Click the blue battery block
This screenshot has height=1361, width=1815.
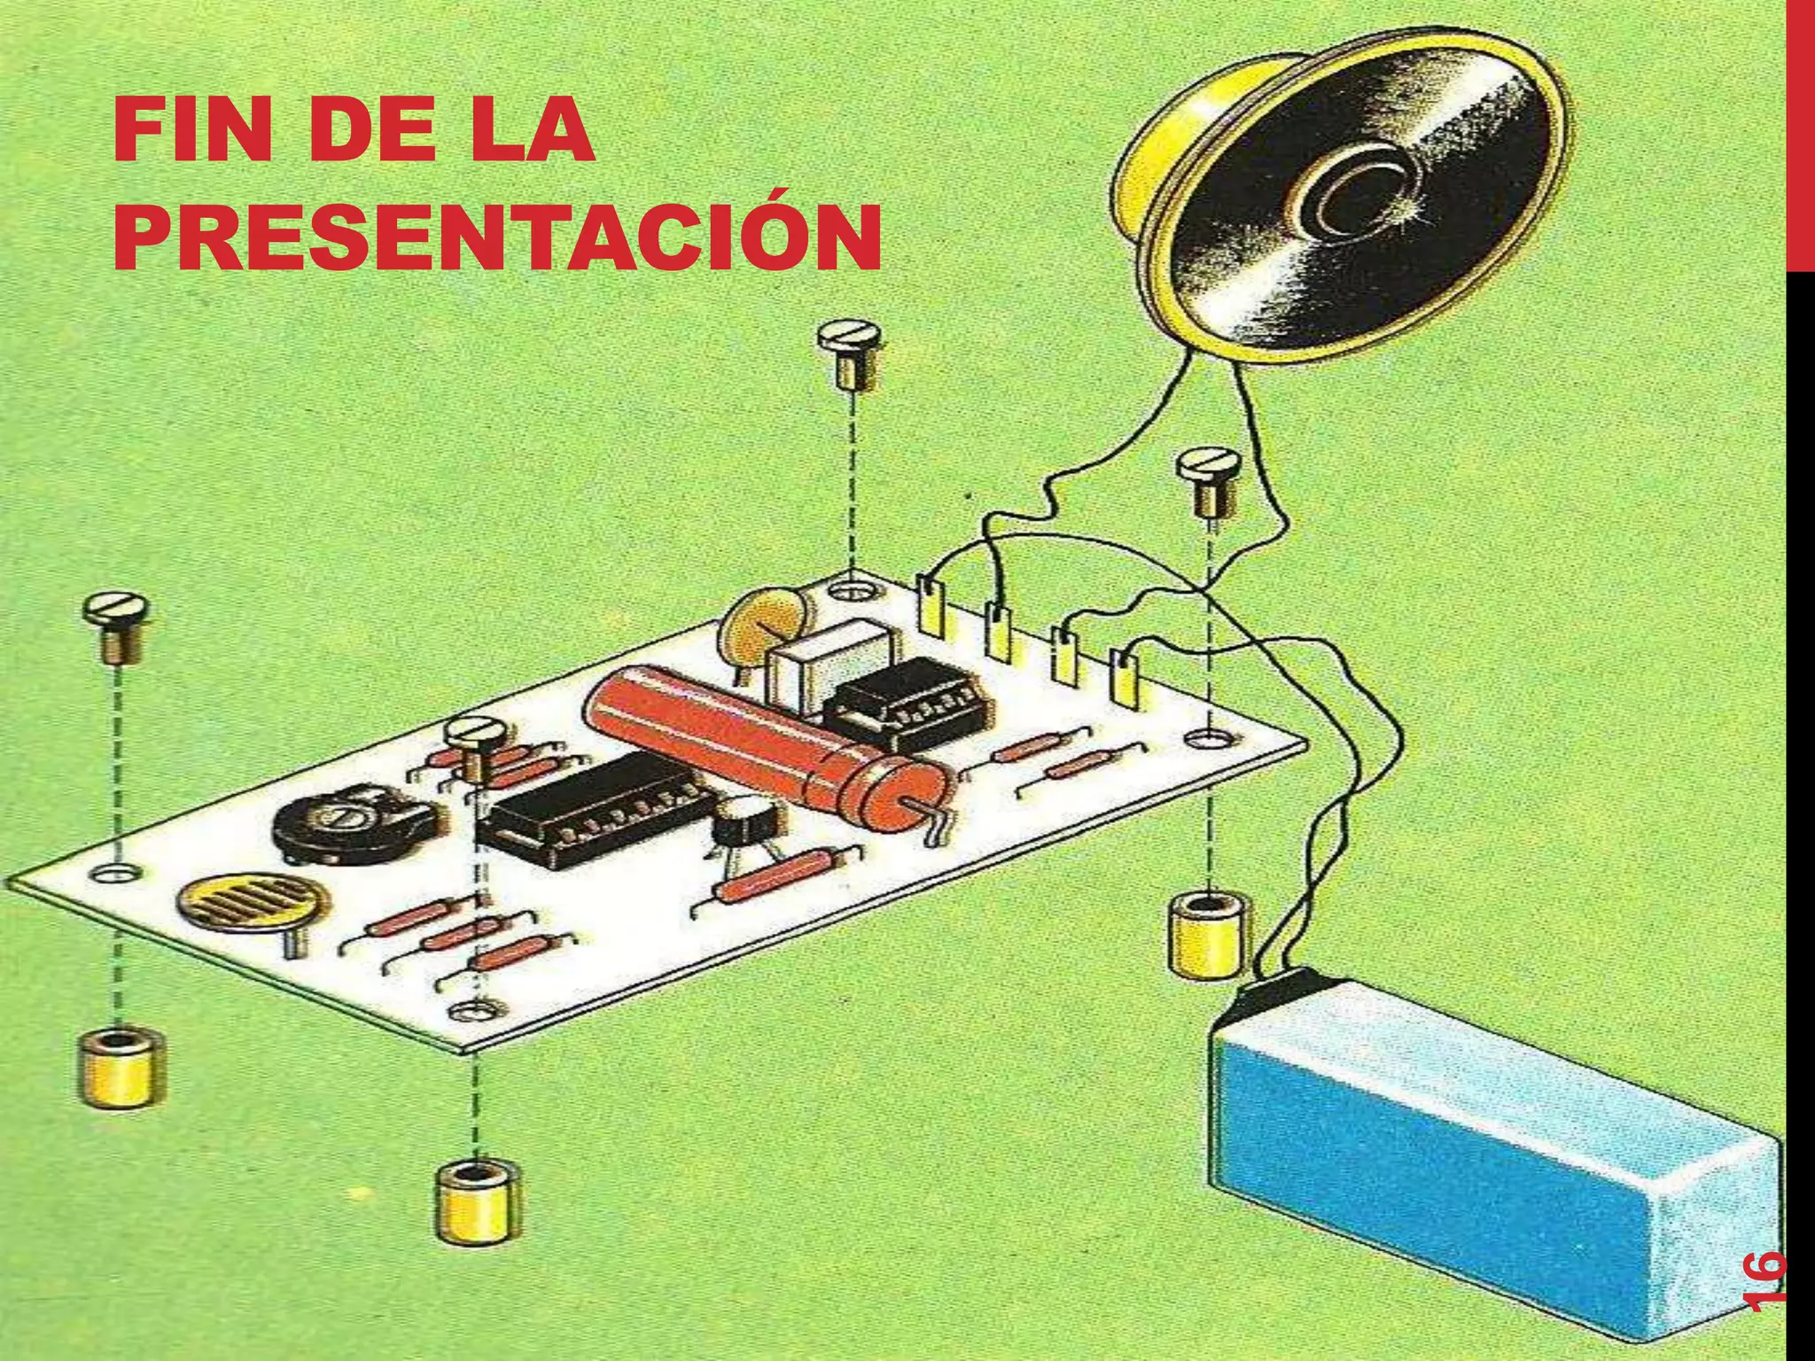[x=1471, y=1178]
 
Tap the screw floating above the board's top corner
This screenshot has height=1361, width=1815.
[x=850, y=354]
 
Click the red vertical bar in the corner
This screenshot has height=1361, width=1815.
[x=1799, y=133]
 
